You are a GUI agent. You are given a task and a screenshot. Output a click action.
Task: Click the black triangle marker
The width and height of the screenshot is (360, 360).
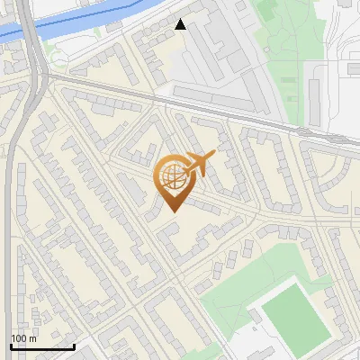point(181,24)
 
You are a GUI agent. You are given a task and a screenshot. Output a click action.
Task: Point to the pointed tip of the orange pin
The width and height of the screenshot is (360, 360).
point(172,211)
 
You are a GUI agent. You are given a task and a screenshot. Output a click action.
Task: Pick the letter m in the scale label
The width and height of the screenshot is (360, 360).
point(33,337)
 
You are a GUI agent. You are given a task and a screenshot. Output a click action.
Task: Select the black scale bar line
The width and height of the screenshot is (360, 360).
point(42,346)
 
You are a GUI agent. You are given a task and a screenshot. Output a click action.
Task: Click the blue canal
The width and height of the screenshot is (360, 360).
point(81,22)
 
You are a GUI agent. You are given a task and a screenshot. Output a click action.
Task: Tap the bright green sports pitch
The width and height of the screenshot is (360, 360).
point(295,315)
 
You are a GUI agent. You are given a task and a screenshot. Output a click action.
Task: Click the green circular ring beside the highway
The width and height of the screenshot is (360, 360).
point(58,58)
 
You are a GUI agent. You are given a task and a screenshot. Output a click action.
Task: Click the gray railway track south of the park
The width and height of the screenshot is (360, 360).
point(270,121)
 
